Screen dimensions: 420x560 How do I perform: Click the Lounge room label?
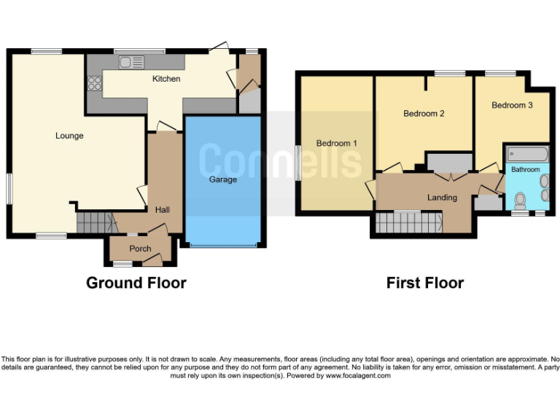(69, 136)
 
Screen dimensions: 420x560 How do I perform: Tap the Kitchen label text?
(166, 79)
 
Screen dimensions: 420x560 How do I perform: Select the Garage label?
(223, 179)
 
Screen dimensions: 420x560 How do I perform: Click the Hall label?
(163, 210)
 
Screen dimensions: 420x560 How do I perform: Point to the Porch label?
(140, 249)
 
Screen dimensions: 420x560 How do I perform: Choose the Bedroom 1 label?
(336, 144)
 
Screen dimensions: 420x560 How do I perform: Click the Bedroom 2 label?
(424, 114)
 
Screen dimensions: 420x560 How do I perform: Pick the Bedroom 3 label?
(512, 106)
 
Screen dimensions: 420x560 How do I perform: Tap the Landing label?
(442, 198)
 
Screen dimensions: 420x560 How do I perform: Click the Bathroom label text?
(525, 170)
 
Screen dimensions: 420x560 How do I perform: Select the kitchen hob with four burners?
(94, 83)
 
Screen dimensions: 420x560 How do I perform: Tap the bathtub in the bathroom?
(527, 154)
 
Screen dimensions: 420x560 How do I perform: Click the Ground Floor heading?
(136, 283)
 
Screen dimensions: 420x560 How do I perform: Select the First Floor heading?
(425, 283)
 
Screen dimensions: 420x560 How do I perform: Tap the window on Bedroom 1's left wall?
(298, 162)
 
